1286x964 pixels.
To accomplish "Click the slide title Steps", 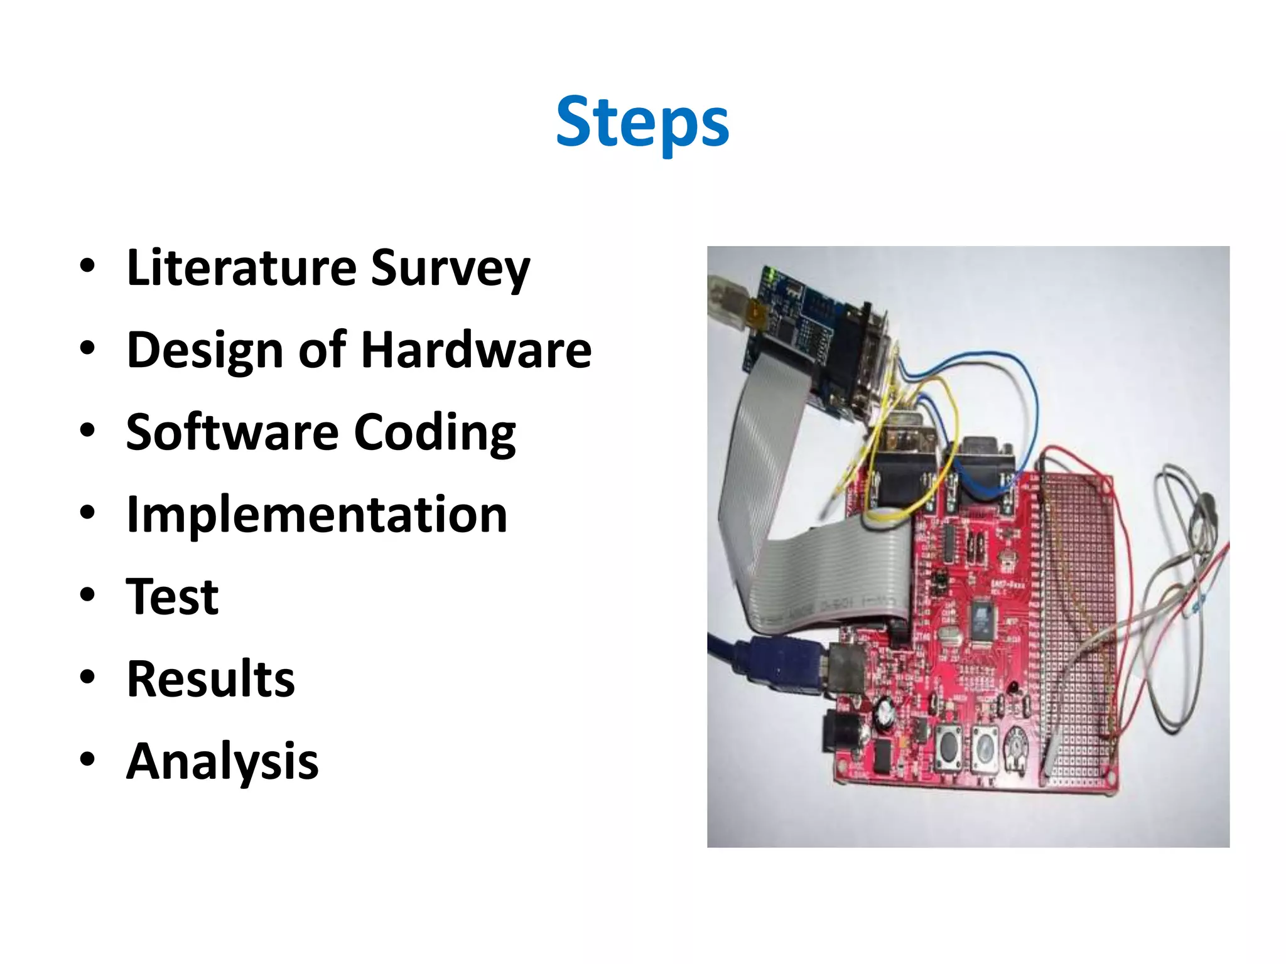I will pos(642,122).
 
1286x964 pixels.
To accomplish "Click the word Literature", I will pos(241,268).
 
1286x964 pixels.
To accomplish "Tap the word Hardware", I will pos(476,350).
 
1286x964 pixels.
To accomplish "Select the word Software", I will pos(232,432).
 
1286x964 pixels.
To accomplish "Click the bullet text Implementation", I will pos(316,515).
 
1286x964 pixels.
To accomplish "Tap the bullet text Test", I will pos(172,597).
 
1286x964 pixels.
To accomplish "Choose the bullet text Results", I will pos(210,679).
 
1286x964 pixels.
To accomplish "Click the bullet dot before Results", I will pos(87,678).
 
